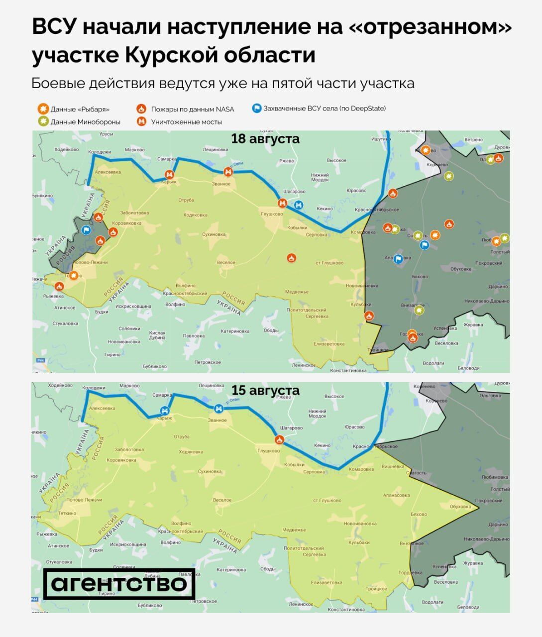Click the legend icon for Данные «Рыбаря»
pyautogui.click(x=43, y=109)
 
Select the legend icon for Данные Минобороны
pyautogui.click(x=43, y=121)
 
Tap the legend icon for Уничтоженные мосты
pyautogui.click(x=142, y=121)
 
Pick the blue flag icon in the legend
pyautogui.click(x=256, y=108)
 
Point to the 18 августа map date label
pyautogui.click(x=265, y=139)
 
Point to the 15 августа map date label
pyautogui.click(x=265, y=390)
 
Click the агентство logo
pyautogui.click(x=119, y=584)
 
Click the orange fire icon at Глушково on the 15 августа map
pyautogui.click(x=279, y=440)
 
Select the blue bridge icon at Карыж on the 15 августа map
pyautogui.click(x=165, y=410)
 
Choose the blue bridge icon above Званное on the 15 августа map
pyautogui.click(x=217, y=409)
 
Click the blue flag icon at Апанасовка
pyautogui.click(x=398, y=258)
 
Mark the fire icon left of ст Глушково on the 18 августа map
pyautogui.click(x=292, y=257)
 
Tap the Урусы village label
pyautogui.click(x=107, y=134)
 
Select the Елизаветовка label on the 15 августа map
pyautogui.click(x=326, y=582)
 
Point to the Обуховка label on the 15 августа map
pyautogui.click(x=460, y=507)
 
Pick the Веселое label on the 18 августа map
pyautogui.click(x=226, y=263)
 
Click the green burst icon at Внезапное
pyautogui.click(x=419, y=311)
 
